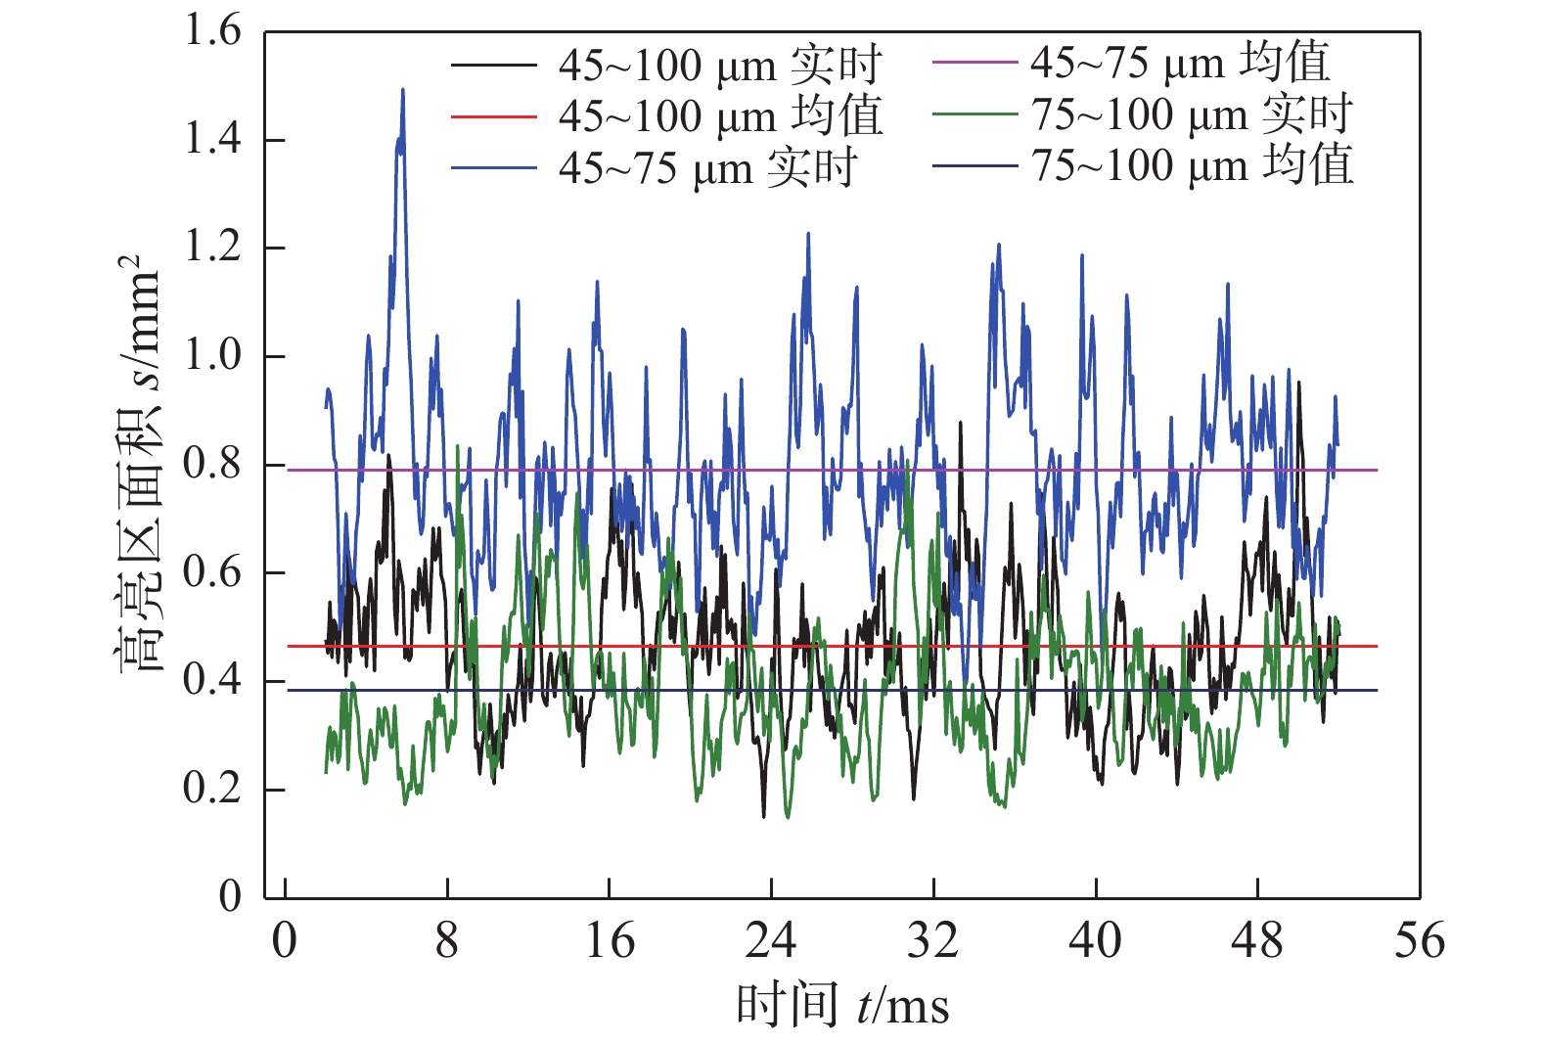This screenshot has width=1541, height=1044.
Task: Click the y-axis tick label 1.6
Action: click(x=212, y=31)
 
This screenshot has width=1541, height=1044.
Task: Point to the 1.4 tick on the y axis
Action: click(x=212, y=140)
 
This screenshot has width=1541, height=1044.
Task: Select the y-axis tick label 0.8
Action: click(x=212, y=464)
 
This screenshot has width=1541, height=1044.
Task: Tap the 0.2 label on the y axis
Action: click(x=212, y=789)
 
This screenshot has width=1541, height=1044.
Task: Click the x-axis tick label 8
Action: click(x=447, y=941)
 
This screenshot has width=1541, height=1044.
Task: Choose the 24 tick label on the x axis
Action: click(x=771, y=941)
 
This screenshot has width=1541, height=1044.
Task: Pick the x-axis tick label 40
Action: click(x=1095, y=941)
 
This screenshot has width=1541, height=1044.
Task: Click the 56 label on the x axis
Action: click(x=1420, y=941)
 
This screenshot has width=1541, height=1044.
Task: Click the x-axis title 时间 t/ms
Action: click(x=842, y=1006)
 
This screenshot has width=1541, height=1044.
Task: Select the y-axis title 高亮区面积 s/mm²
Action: click(x=137, y=464)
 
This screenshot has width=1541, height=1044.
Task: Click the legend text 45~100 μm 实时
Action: click(x=720, y=67)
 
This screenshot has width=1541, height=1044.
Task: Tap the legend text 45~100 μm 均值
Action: click(x=720, y=117)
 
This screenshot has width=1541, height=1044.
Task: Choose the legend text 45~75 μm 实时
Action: click(x=708, y=168)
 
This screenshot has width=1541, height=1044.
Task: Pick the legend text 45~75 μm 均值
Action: click(x=1180, y=63)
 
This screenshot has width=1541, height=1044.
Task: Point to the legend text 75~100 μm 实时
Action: click(x=1193, y=114)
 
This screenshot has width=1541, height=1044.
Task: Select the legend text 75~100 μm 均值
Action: click(x=1193, y=165)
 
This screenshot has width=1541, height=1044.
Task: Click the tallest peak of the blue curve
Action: click(x=402, y=90)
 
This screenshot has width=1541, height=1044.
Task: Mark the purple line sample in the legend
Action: click(x=974, y=63)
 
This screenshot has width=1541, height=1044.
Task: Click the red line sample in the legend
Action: click(x=494, y=117)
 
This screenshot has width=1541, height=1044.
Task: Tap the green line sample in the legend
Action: click(x=974, y=114)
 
